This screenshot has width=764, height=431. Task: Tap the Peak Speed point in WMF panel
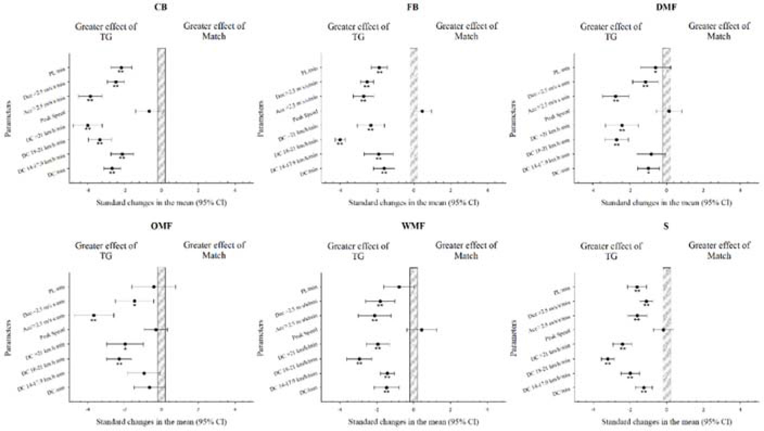(x=422, y=330)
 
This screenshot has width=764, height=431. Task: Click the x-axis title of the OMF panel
(x=161, y=422)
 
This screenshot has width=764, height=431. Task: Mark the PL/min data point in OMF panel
(x=154, y=286)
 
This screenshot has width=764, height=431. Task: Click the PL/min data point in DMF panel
(x=655, y=68)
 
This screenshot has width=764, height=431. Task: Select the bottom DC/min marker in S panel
(x=644, y=388)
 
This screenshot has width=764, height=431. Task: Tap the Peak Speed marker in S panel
(x=663, y=330)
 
